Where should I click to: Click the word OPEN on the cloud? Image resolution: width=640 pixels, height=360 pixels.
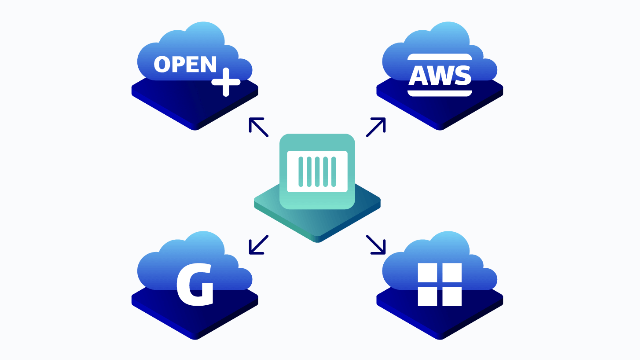tap(185, 64)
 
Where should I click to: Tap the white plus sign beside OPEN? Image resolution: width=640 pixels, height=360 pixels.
tap(226, 82)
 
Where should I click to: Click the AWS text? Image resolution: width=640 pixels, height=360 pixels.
tap(440, 76)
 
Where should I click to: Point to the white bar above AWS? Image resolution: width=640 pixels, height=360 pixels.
tap(440, 57)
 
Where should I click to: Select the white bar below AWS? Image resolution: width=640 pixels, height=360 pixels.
tap(440, 93)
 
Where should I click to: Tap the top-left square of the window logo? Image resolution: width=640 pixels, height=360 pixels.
tap(427, 272)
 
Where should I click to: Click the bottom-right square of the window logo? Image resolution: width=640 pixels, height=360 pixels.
tap(452, 296)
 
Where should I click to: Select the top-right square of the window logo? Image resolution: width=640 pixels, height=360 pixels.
tap(452, 272)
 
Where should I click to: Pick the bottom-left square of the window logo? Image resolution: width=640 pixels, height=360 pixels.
tap(427, 296)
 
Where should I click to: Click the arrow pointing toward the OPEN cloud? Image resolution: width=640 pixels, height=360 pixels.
tap(258, 127)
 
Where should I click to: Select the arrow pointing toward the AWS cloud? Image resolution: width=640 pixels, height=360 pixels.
tap(376, 127)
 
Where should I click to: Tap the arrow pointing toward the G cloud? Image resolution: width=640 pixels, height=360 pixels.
tap(258, 245)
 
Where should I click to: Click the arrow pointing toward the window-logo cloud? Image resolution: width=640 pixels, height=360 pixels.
tap(376, 245)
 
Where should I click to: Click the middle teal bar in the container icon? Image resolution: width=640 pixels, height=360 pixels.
tap(317, 172)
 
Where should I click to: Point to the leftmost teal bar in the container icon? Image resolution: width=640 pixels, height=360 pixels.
tap(301, 172)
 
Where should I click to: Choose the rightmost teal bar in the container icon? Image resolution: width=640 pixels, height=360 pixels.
tap(334, 172)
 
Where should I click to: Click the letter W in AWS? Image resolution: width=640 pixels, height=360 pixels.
tap(440, 76)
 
